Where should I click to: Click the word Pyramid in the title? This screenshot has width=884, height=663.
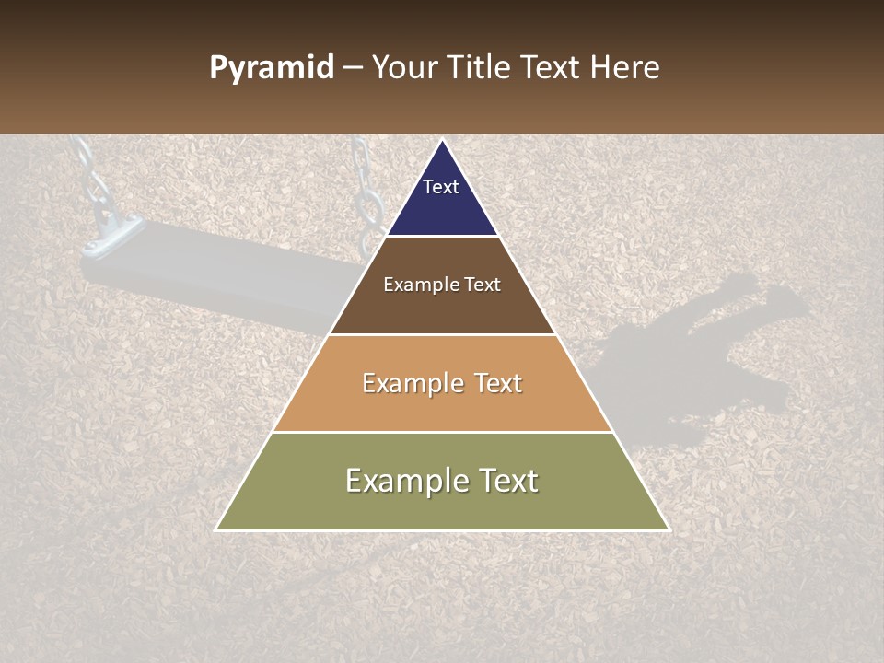pos(271,68)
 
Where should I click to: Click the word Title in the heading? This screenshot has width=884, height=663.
pos(478,68)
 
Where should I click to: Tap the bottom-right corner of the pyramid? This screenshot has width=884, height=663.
pos(668,529)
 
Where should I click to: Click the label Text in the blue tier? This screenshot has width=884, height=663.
pos(440,187)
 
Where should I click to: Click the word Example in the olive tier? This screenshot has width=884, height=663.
pos(398,481)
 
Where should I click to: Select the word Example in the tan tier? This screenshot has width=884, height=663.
pos(404,383)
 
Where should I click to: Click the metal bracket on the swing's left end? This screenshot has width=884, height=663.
pos(110,235)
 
